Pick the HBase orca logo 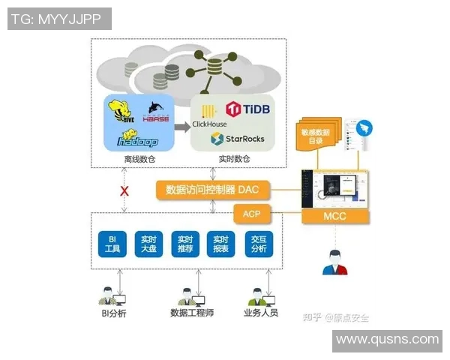pyautogui.click(x=156, y=113)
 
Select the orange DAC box pyautogui.click(x=212, y=190)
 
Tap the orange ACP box pyautogui.click(x=251, y=214)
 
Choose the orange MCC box pyautogui.click(x=335, y=216)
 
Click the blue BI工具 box pyautogui.click(x=112, y=243)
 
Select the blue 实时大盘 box pyautogui.click(x=148, y=243)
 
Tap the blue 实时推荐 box pyautogui.click(x=184, y=243)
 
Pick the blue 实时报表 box pyautogui.click(x=220, y=243)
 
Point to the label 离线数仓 pyautogui.click(x=139, y=159)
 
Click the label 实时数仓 pyautogui.click(x=234, y=159)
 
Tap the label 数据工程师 pyautogui.click(x=192, y=313)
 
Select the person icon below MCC pyautogui.click(x=334, y=261)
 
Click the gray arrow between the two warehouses pyautogui.click(x=182, y=126)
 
